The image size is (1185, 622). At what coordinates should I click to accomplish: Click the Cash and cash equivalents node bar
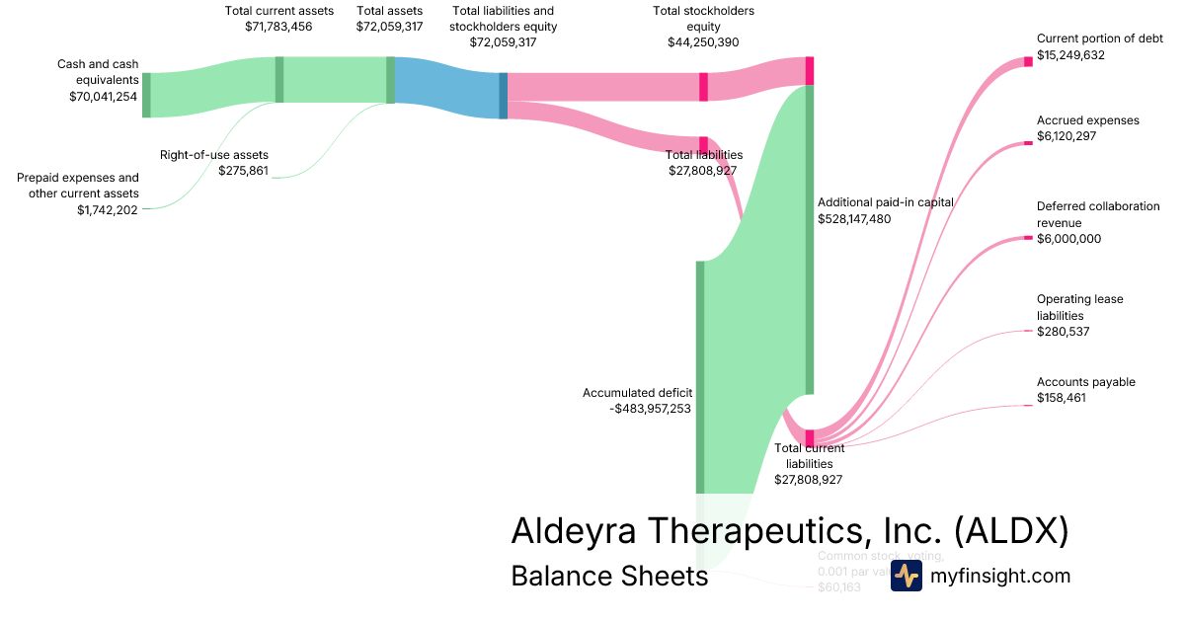[146, 95]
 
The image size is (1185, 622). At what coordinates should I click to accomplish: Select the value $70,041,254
[103, 97]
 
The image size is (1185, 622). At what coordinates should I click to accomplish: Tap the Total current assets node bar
[279, 79]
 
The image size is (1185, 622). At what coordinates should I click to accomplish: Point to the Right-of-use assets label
[214, 155]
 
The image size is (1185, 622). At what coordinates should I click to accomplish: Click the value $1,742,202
[108, 209]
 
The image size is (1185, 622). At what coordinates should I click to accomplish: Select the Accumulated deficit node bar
[700, 376]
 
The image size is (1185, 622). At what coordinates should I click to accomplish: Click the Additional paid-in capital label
[885, 202]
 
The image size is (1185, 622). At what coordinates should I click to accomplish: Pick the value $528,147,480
[854, 219]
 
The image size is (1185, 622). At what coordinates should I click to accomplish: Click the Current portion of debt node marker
[1028, 61]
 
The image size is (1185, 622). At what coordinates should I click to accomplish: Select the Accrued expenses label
[1087, 120]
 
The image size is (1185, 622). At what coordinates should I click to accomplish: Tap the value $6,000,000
[1068, 239]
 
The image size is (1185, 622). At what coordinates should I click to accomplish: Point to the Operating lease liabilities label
[1079, 307]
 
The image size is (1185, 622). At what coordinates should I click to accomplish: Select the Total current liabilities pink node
[810, 437]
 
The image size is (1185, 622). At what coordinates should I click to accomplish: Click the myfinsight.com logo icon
[906, 576]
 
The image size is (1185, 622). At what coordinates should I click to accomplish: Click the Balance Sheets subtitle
[609, 576]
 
